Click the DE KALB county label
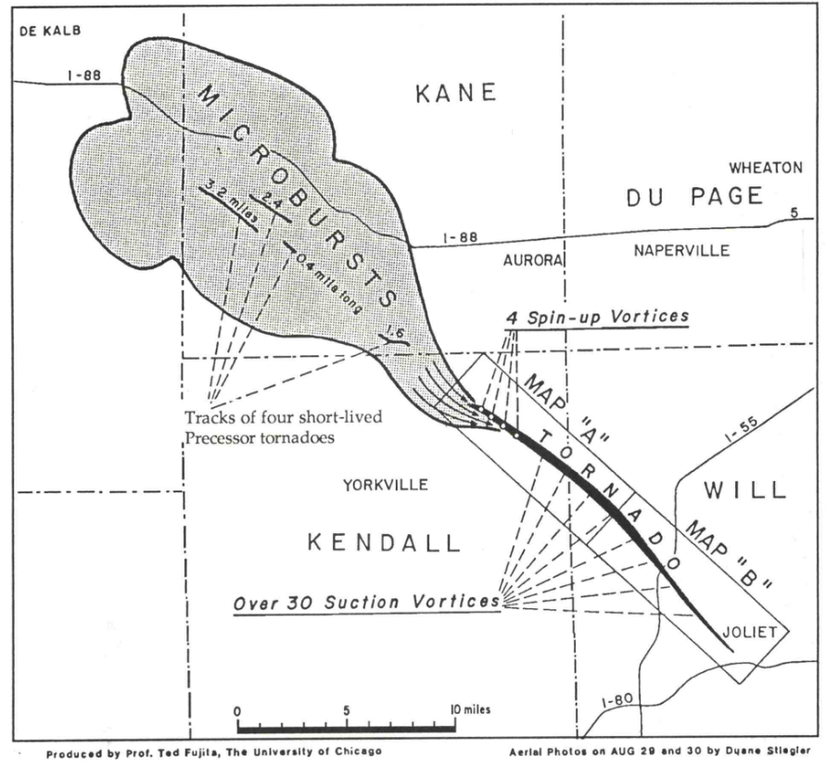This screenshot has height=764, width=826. [51, 30]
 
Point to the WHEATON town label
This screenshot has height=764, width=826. [765, 168]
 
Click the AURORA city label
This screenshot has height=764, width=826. [533, 261]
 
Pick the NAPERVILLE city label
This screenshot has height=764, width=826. [681, 250]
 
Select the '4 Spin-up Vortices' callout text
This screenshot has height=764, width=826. [597, 316]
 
